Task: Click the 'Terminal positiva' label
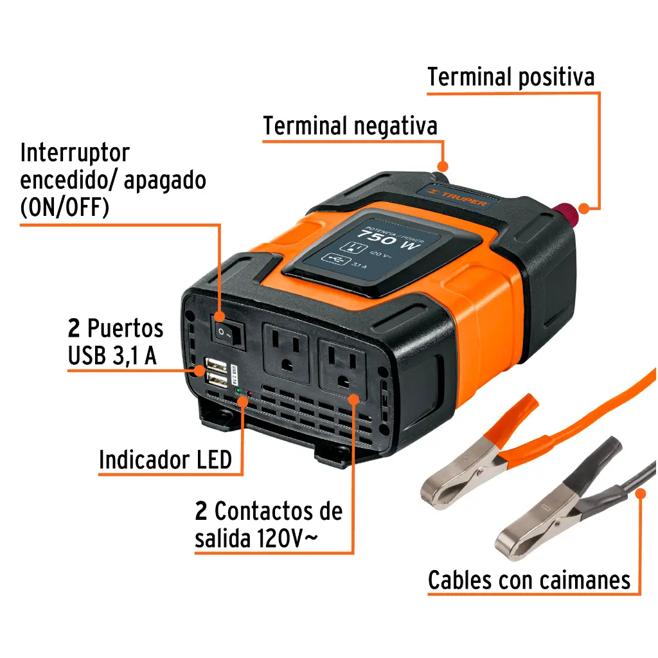[511, 76]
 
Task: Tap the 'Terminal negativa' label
[350, 126]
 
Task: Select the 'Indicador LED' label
[165, 460]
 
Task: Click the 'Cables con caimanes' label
[529, 580]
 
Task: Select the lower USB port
[217, 382]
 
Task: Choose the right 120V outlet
[342, 369]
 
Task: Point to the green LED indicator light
[238, 391]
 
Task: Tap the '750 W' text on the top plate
[386, 240]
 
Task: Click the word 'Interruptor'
[75, 153]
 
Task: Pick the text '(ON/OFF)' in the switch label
[64, 208]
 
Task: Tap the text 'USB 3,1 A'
[112, 356]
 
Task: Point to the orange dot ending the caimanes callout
[640, 493]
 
